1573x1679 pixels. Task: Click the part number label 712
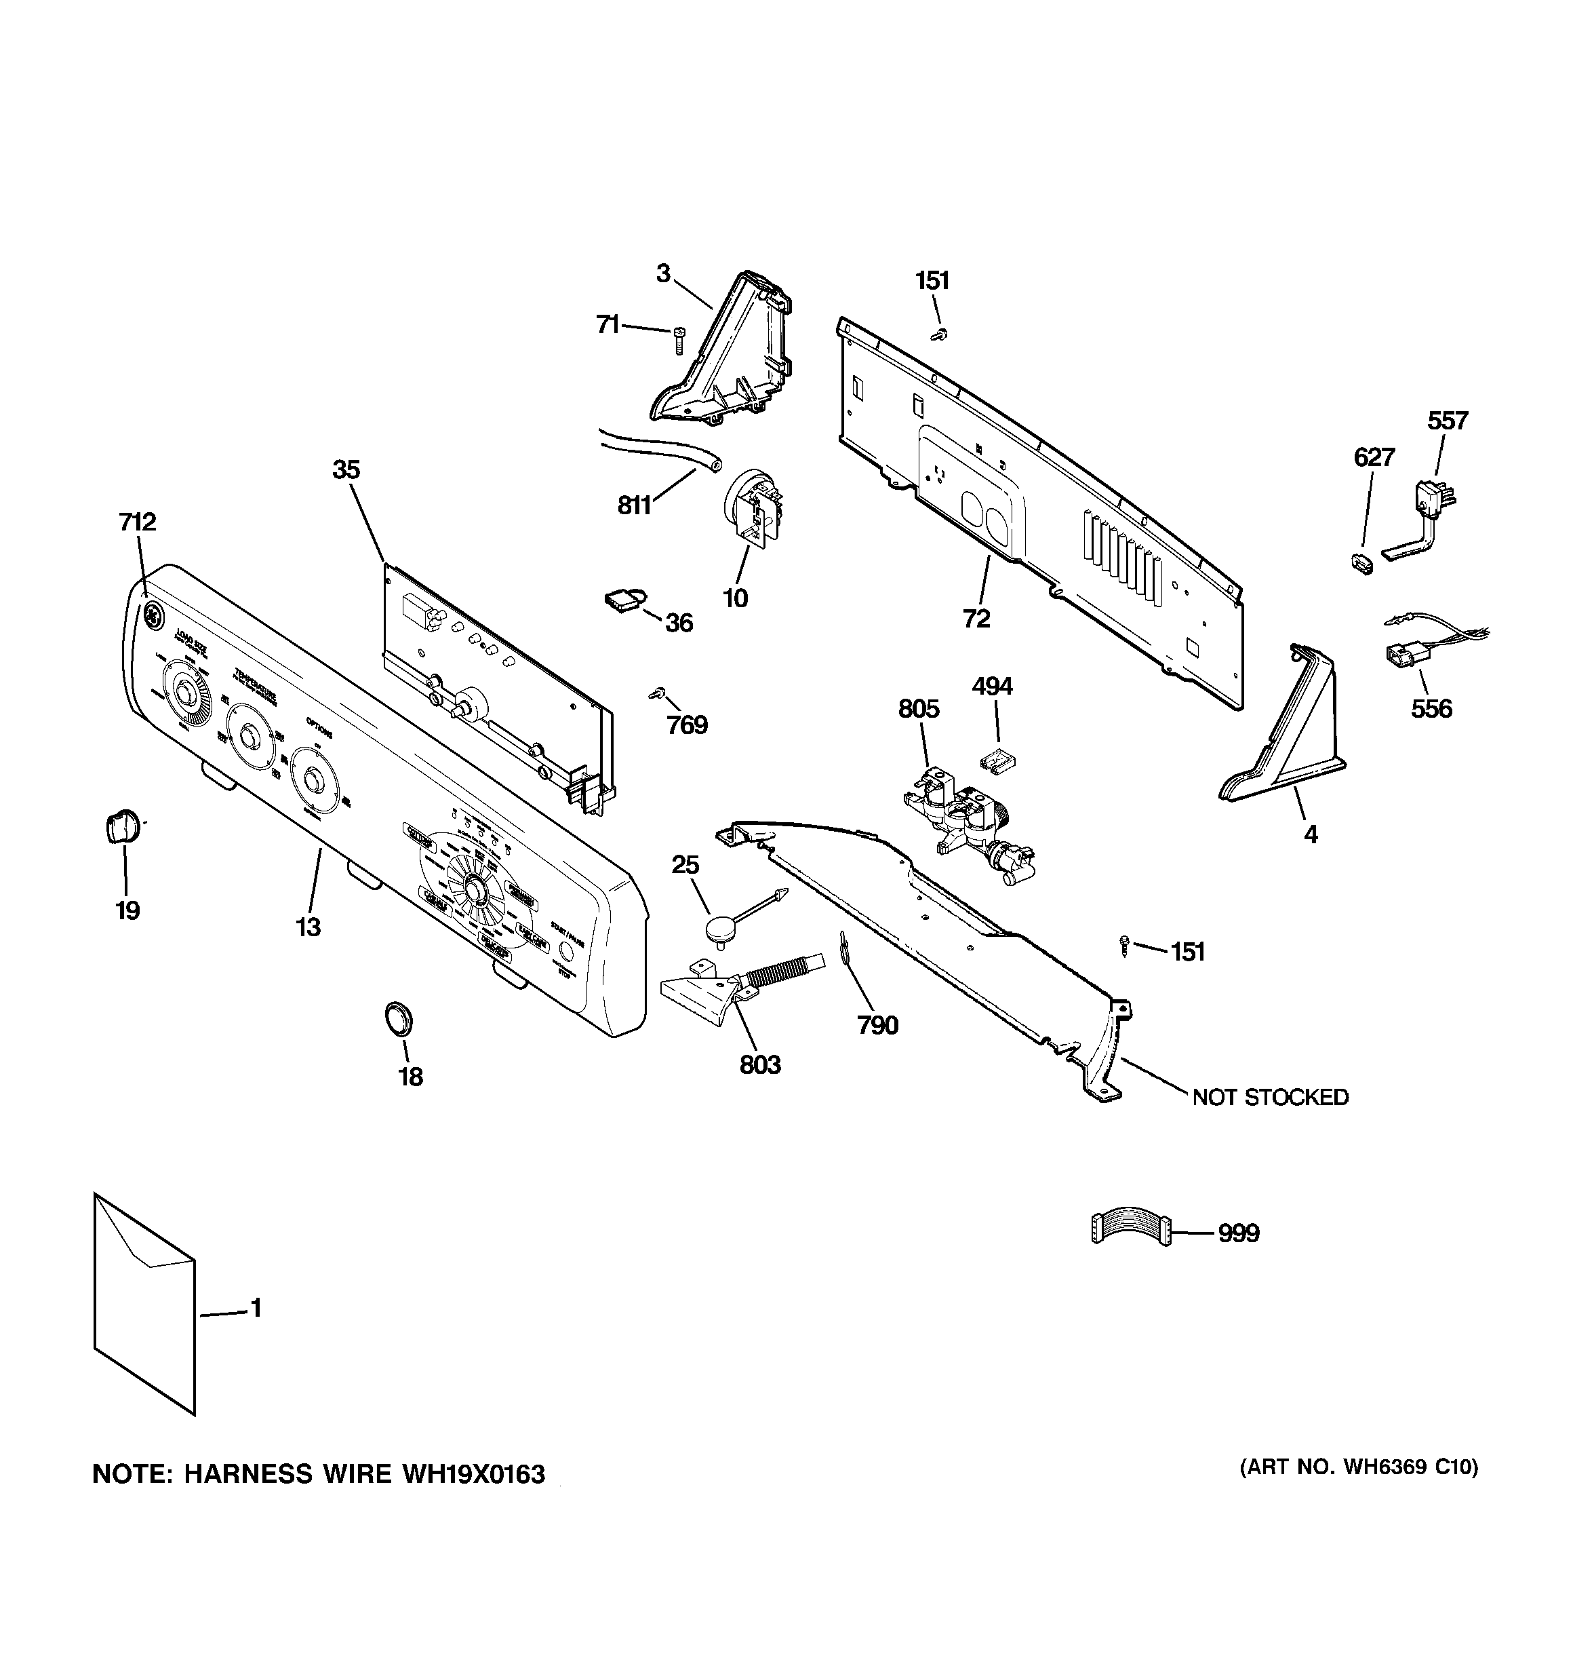[138, 522]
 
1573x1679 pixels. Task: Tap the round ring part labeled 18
[399, 1018]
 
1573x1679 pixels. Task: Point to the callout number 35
[346, 469]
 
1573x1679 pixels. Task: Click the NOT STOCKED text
[1270, 1097]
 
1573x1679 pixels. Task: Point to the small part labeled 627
[1361, 562]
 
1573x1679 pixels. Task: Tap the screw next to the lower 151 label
[1126, 945]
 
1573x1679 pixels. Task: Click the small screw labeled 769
[654, 693]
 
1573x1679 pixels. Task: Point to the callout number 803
[760, 1065]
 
